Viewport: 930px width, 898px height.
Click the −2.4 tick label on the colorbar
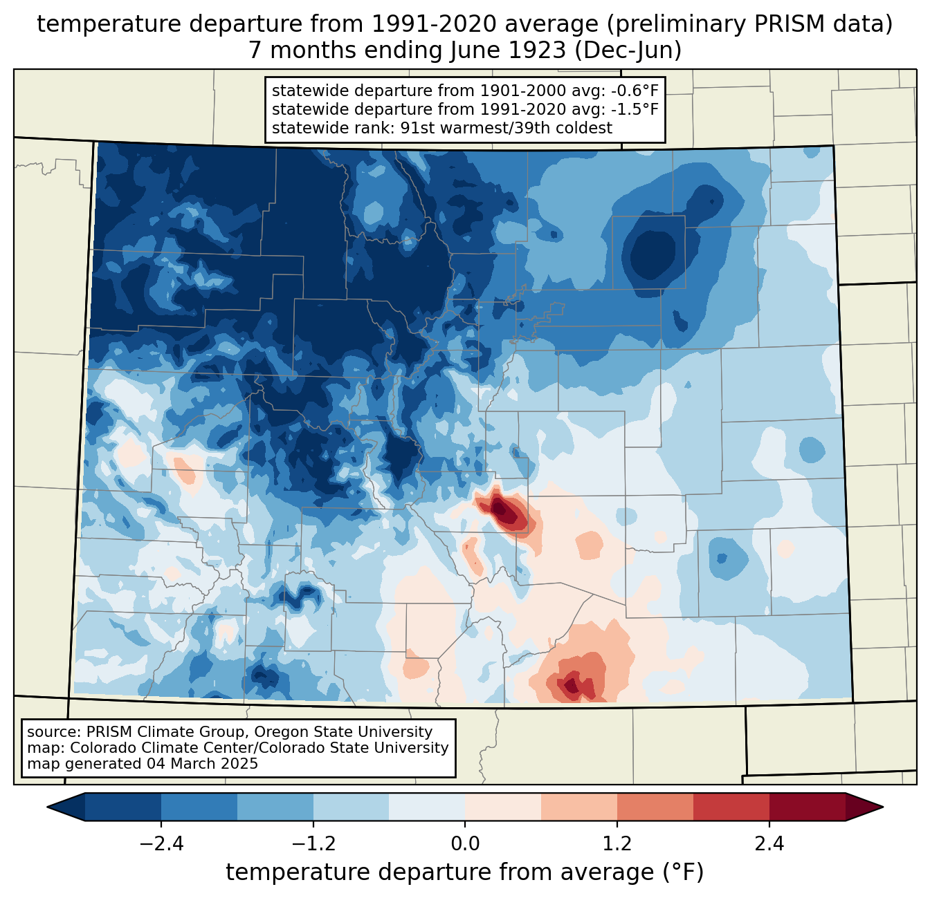(161, 844)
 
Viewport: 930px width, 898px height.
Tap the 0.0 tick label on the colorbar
(465, 844)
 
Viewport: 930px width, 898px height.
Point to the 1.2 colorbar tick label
(617, 844)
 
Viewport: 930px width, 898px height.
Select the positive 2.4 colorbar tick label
(769, 844)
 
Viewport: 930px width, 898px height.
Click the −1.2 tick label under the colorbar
(313, 844)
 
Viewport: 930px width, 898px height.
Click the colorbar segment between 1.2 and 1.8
(655, 807)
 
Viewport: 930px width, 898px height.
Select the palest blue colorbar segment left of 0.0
(427, 807)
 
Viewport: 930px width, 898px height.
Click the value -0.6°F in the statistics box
(634, 91)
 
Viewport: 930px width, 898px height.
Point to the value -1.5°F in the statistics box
(634, 109)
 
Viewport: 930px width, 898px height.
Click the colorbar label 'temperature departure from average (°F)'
(465, 872)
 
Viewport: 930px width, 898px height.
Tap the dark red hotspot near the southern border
(572, 684)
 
